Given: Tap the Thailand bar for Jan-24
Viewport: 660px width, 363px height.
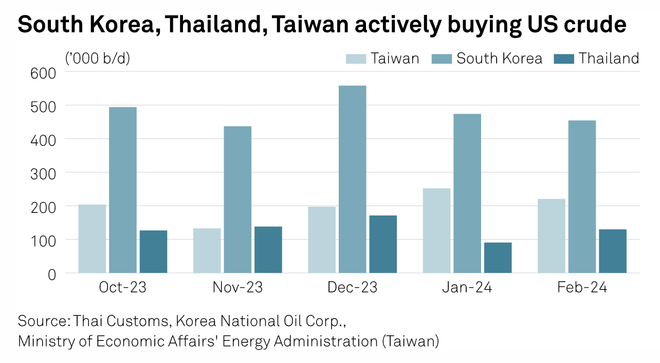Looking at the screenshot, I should (498, 258).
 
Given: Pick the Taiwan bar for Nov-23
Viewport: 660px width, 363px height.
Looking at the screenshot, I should (207, 250).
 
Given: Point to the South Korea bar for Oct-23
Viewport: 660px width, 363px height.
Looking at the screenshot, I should (123, 190).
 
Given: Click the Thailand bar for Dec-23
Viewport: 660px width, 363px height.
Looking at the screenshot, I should (383, 244).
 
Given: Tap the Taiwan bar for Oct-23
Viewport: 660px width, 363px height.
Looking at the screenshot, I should (92, 239).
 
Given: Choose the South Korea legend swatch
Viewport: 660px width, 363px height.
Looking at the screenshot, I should (442, 59).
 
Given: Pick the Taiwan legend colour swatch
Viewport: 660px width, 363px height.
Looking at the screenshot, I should (356, 59).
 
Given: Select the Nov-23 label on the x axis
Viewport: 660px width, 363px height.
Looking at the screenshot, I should (237, 287).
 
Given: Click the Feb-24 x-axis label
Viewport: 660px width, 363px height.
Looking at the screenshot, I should (582, 287).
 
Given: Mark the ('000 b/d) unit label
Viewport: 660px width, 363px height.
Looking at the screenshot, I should (98, 58).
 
